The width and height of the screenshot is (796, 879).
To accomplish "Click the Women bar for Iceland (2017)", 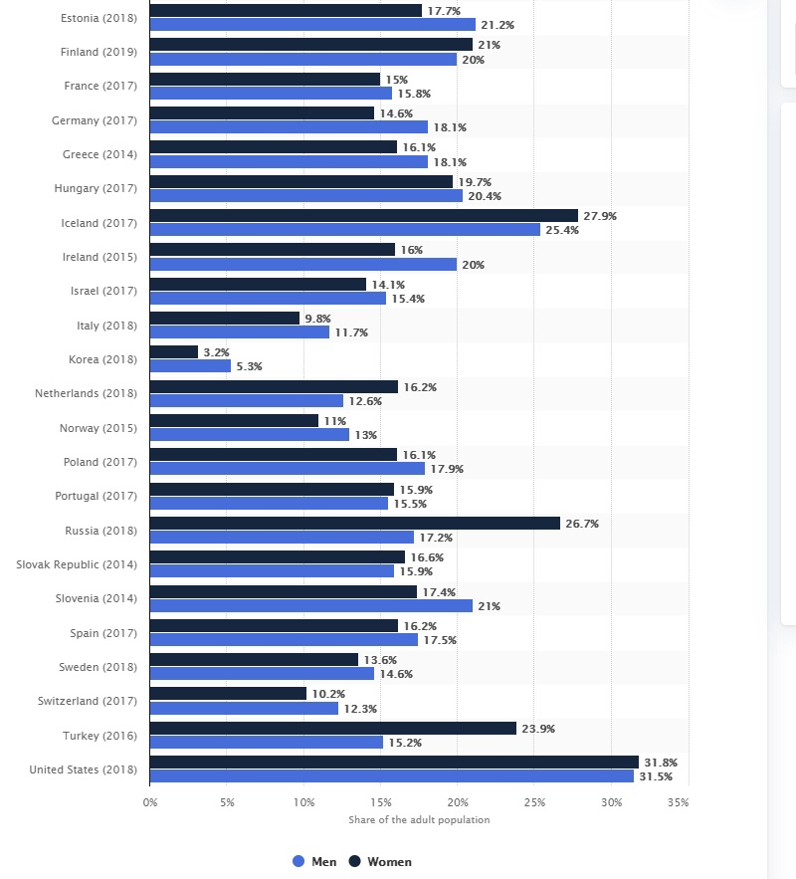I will pyautogui.click(x=363, y=216).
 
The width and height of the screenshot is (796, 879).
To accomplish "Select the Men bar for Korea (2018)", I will pyautogui.click(x=190, y=366).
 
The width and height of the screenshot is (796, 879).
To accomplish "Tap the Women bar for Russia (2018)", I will pyautogui.click(x=354, y=524).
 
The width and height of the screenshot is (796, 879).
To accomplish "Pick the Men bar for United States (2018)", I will pyautogui.click(x=391, y=776).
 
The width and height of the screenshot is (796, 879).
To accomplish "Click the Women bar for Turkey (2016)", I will pyautogui.click(x=332, y=729).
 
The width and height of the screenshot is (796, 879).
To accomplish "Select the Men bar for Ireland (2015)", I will pyautogui.click(x=302, y=264).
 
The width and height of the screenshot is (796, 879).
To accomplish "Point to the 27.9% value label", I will pyautogui.click(x=600, y=216).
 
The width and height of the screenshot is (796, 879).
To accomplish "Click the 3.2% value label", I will pyautogui.click(x=218, y=352).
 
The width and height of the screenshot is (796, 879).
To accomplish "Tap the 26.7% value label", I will pyautogui.click(x=582, y=524).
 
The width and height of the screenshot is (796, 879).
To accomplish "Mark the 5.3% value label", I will pyautogui.click(x=250, y=366).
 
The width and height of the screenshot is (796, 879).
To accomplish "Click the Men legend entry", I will pyautogui.click(x=314, y=862).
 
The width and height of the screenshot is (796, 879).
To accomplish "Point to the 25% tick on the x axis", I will pyautogui.click(x=534, y=802).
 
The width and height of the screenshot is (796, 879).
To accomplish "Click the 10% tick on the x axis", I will pyautogui.click(x=303, y=802).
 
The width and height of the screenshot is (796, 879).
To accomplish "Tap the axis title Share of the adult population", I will pyautogui.click(x=419, y=820).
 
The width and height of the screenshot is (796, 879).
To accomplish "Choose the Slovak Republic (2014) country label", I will pyautogui.click(x=77, y=564).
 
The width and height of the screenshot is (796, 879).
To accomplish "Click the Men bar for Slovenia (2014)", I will pyautogui.click(x=310, y=605).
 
